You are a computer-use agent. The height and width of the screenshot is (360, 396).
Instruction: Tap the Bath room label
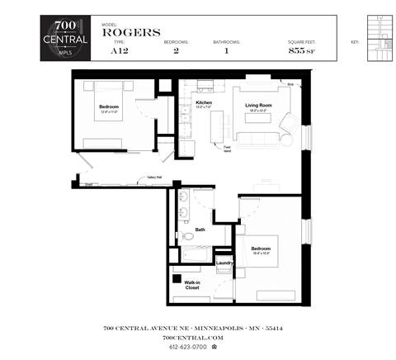(200, 230)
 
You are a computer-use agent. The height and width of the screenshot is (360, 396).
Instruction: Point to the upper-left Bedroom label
(110, 108)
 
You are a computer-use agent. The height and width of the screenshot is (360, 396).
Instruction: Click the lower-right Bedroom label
(262, 248)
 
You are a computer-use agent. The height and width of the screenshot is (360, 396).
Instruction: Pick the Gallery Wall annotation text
(154, 177)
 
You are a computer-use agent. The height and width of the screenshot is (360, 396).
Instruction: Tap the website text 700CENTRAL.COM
(193, 338)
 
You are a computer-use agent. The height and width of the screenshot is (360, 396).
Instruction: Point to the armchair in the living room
(290, 124)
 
